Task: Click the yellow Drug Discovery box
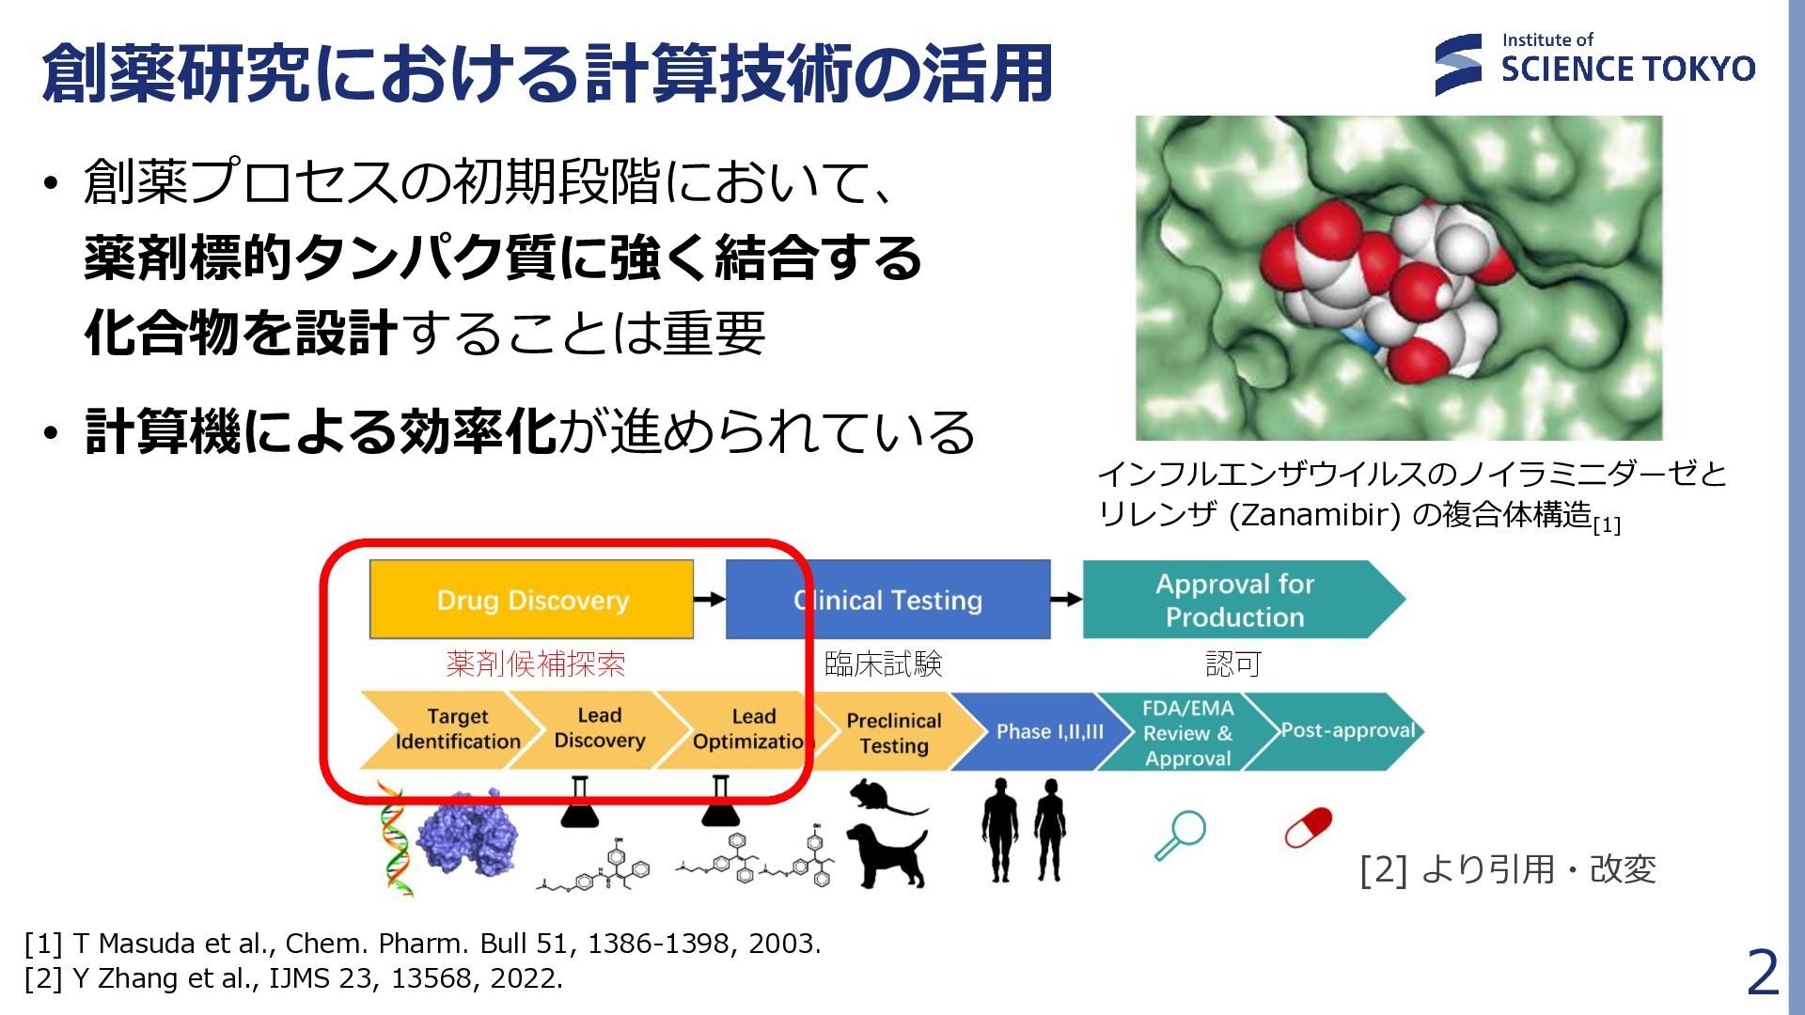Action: coord(531,600)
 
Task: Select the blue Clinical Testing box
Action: coord(887,600)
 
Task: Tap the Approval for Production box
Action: coord(1234,600)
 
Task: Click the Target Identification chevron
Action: coord(451,730)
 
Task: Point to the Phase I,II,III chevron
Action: coord(1045,731)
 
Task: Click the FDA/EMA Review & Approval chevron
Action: coord(1186,732)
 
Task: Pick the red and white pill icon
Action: coord(1308,827)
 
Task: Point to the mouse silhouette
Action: coord(884,798)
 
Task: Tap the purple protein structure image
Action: coord(467,832)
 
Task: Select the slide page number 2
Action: coord(1763,973)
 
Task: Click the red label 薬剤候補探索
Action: coord(535,664)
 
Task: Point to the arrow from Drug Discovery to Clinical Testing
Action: coord(710,600)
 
